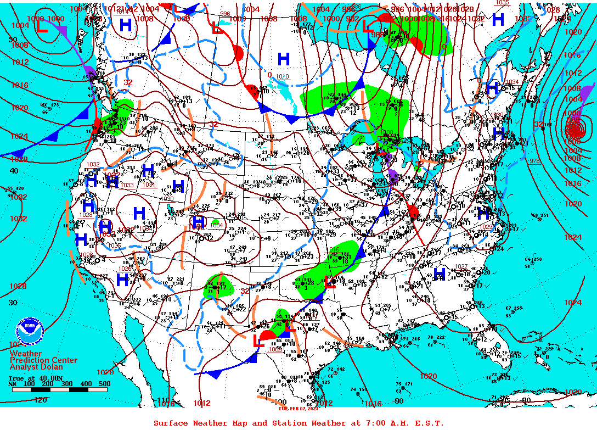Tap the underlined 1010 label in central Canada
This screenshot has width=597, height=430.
click(x=282, y=76)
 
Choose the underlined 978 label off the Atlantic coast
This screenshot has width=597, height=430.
click(x=535, y=160)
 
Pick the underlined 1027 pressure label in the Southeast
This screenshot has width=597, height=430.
click(x=461, y=266)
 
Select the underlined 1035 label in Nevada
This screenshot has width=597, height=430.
click(x=115, y=245)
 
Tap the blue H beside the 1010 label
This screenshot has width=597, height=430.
click(x=283, y=59)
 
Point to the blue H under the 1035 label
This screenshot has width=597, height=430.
click(x=498, y=20)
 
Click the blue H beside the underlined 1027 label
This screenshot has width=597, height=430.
click(x=440, y=273)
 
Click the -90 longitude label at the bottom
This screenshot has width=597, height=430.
click(x=399, y=400)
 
